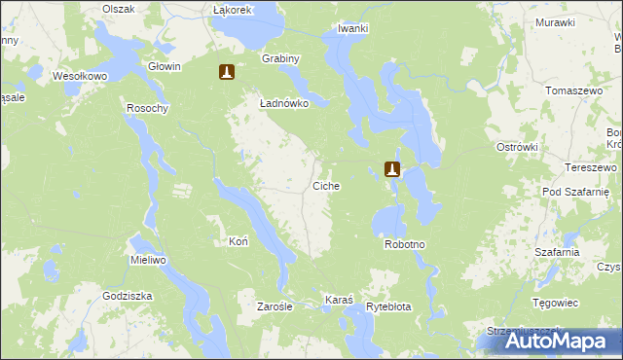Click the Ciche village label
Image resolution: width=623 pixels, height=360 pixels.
326,185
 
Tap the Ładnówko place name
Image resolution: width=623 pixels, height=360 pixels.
284,102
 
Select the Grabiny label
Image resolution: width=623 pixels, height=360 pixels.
280,58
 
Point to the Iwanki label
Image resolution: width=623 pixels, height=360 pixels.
352,28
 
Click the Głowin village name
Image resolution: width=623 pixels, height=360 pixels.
165,66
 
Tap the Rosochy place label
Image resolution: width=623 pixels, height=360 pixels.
148,108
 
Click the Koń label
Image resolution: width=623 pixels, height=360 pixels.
238,240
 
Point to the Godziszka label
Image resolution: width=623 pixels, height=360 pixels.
128,296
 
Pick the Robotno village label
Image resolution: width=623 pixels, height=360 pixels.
406,244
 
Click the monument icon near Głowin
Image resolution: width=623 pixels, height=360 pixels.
227,72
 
